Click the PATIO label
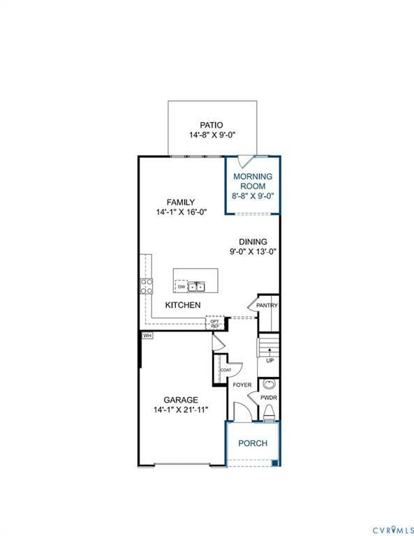click(212, 125)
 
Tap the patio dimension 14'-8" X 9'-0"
click(212, 135)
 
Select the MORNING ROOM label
click(252, 181)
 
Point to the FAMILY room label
click(180, 202)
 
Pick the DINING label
click(252, 241)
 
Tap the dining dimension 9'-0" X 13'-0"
click(252, 251)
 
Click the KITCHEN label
click(183, 305)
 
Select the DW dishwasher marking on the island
click(181, 286)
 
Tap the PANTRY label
click(267, 305)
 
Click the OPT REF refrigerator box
click(215, 323)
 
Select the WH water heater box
click(147, 336)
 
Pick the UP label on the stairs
click(269, 361)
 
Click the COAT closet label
click(226, 370)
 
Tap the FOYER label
click(242, 385)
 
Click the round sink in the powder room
click(269, 385)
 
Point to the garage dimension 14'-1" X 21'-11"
click(180, 410)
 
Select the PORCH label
click(252, 443)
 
